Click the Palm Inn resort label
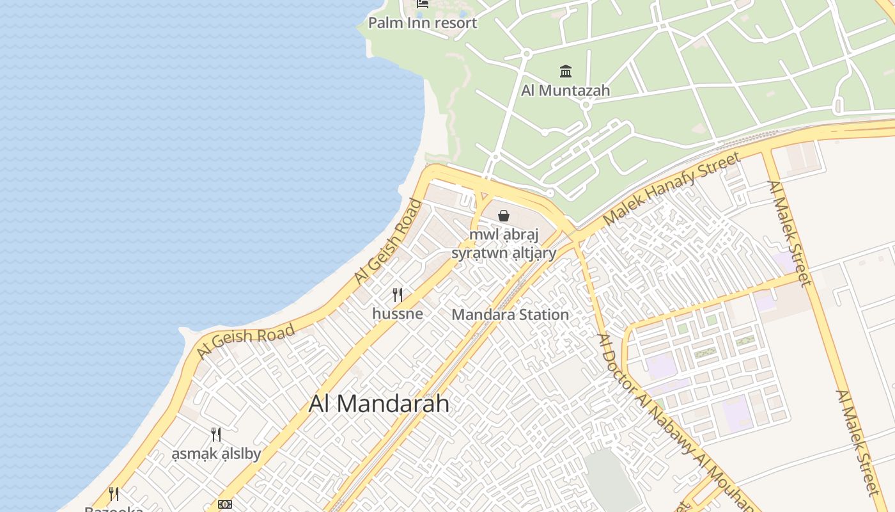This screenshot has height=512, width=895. [x=422, y=23]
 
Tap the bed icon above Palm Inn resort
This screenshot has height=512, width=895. [x=422, y=4]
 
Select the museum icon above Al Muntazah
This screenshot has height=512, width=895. [x=566, y=70]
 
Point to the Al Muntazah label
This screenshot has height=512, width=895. [x=566, y=90]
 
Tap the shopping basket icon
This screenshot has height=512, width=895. [x=504, y=216]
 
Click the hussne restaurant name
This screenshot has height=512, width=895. [x=398, y=314]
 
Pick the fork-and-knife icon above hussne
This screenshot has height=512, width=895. [x=398, y=294]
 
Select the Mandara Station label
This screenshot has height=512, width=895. [x=510, y=314]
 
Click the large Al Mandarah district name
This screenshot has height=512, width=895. [x=379, y=403]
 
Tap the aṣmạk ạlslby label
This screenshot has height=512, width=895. [x=216, y=454]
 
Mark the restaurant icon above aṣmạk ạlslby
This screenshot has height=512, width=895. [x=216, y=435]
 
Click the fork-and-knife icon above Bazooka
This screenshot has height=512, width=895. [x=114, y=493]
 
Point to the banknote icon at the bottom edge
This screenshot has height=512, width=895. [x=224, y=504]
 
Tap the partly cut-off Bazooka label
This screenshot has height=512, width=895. [x=114, y=509]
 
